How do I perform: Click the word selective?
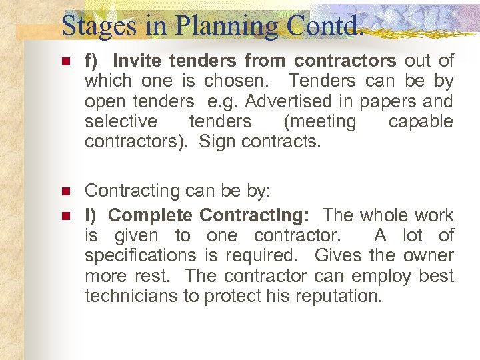point(121,121)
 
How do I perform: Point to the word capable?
point(421,121)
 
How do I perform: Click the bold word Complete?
point(151,215)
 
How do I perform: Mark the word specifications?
point(140,255)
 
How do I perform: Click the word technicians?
point(131,296)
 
